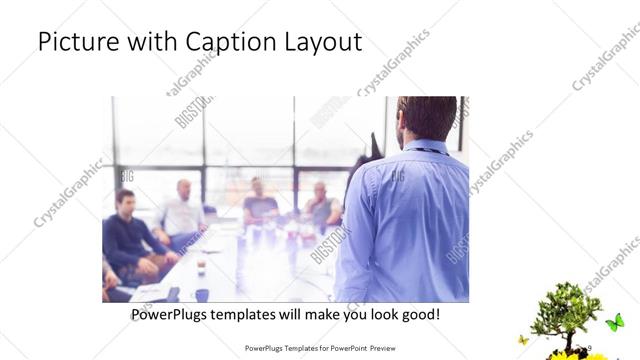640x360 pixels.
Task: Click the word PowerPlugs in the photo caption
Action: pos(175,314)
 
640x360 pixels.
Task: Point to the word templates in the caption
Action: pos(263,314)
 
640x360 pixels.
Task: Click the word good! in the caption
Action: pos(417,314)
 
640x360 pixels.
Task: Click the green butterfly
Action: pos(614,322)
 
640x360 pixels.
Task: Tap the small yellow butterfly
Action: pos(523,340)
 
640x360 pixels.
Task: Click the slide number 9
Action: pos(590,348)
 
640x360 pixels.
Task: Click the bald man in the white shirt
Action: pos(183,213)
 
